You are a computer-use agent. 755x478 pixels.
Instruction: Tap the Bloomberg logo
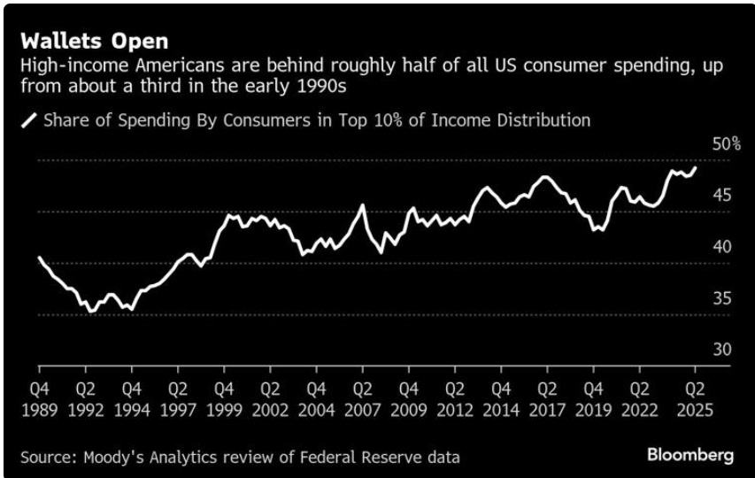click(x=690, y=456)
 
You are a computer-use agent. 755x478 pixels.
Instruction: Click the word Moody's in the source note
click(x=114, y=457)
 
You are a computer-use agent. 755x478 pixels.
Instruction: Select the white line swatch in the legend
click(x=29, y=120)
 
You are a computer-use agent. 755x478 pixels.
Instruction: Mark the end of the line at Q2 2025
click(x=695, y=167)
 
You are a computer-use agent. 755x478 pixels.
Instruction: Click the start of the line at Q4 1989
click(x=39, y=258)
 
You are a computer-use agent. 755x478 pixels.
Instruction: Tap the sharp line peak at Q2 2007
click(x=362, y=205)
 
